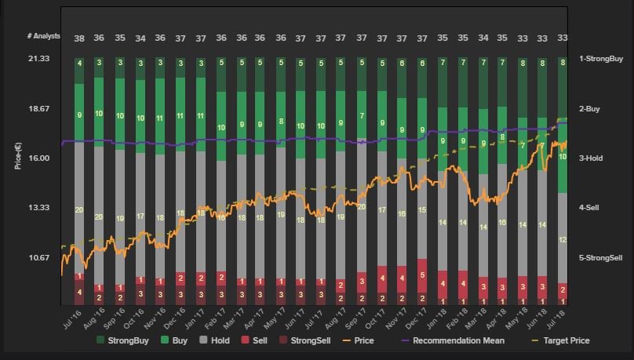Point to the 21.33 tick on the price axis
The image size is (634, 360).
coord(38,58)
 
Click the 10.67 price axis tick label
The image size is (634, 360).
coord(38,257)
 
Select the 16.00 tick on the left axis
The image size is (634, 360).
coord(38,158)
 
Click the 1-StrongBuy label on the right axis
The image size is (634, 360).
coord(600,58)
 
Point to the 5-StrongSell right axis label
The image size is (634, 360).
coord(601,257)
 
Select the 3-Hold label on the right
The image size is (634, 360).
coord(591,158)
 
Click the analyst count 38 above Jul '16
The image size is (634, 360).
coord(79,38)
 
